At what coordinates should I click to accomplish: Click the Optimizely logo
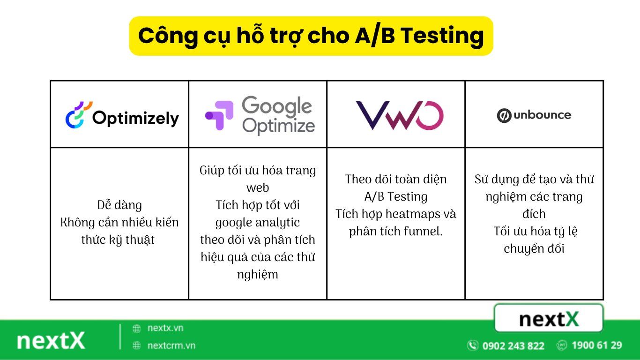coord(122,116)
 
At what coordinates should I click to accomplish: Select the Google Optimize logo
coord(260,115)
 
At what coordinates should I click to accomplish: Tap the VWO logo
coord(399,115)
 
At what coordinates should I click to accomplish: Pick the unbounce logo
coord(534,115)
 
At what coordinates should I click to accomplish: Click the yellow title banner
coord(311,36)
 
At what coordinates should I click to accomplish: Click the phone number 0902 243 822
coord(513,346)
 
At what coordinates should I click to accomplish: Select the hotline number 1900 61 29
coord(596,345)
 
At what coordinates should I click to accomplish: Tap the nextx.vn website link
coord(165,328)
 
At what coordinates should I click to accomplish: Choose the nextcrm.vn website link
coord(171,346)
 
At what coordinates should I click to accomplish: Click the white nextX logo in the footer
coord(51,341)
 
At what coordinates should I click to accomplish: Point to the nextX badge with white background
coord(549,319)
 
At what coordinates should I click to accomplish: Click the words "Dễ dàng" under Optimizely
coord(119,205)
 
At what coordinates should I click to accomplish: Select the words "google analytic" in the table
coord(258,222)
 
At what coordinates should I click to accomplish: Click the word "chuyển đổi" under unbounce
coord(534,248)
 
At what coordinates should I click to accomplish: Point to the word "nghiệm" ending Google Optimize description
coord(258,274)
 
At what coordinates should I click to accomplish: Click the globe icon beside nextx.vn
coord(137,329)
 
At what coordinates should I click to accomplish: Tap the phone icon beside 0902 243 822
coord(472,346)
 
